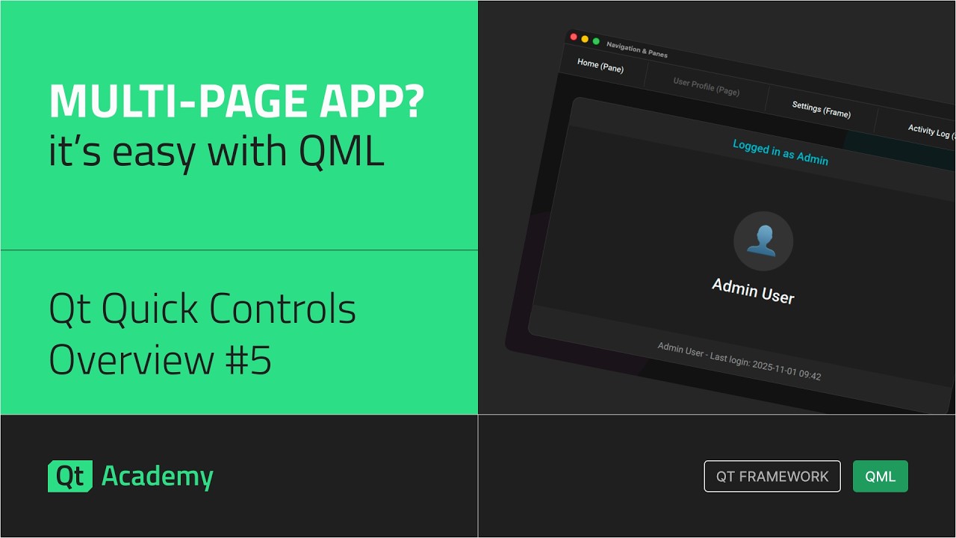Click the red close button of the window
574,37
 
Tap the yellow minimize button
585,39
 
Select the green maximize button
596,41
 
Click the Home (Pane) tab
600,67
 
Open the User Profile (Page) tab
706,87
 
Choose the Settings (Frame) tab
821,109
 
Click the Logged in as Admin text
780,152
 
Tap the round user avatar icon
763,241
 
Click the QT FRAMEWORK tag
772,476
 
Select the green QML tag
880,476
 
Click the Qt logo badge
70,476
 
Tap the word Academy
157,476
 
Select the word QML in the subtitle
341,151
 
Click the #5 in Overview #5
248,359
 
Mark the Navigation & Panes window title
637,50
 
